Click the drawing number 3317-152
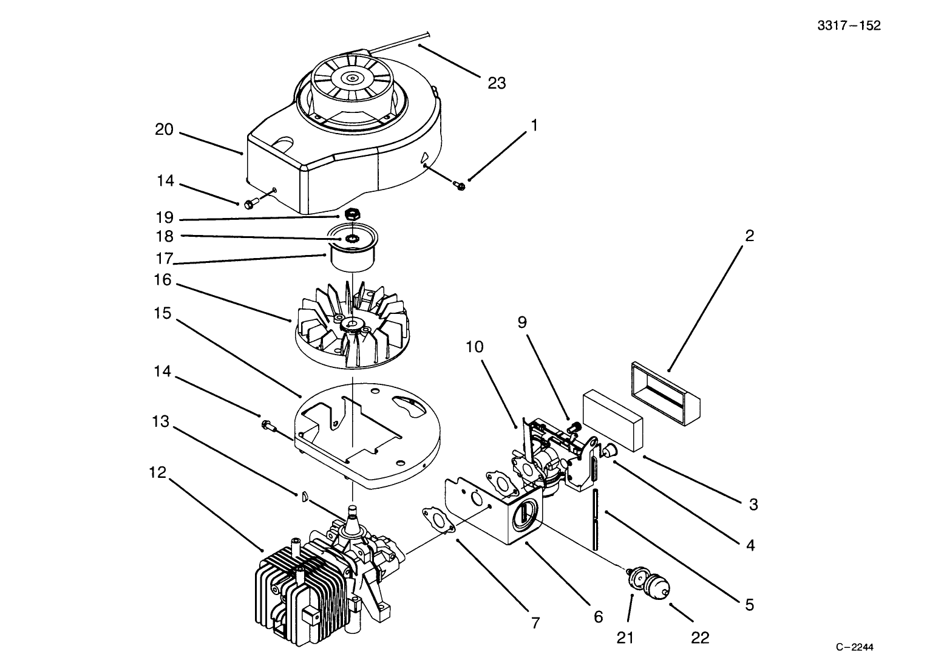click(x=849, y=26)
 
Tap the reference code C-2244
click(x=858, y=647)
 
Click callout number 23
click(x=497, y=83)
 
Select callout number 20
click(x=164, y=129)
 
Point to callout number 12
click(x=157, y=472)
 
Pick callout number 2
click(x=749, y=236)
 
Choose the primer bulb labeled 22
click(x=656, y=587)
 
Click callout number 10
click(x=475, y=347)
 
